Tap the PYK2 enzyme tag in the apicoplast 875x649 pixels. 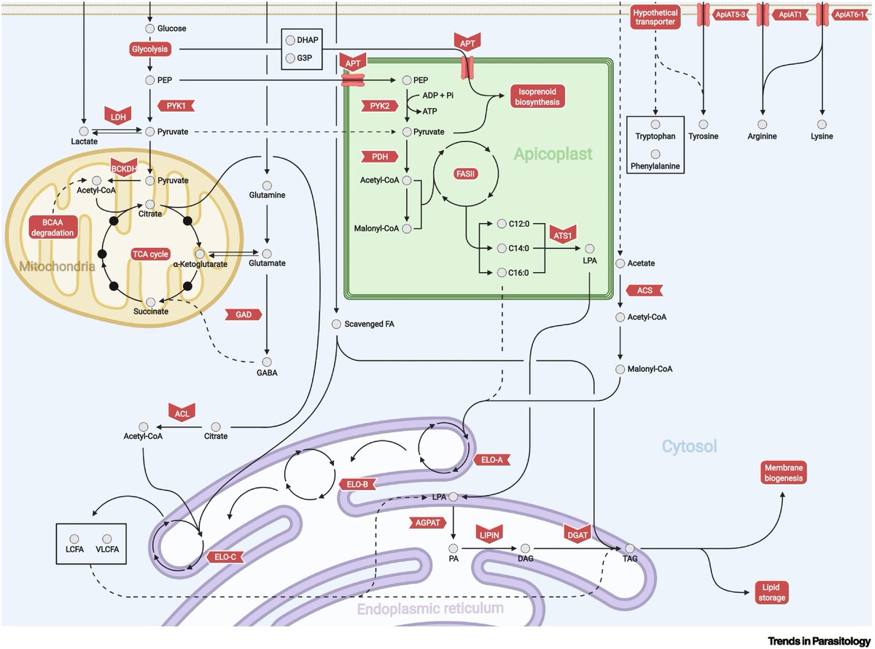click(x=379, y=106)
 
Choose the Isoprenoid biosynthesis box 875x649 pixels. click(x=539, y=97)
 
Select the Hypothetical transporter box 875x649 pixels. click(x=655, y=18)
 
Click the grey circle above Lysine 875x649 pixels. click(x=822, y=125)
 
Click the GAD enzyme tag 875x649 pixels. click(x=244, y=314)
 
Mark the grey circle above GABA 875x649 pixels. click(x=267, y=361)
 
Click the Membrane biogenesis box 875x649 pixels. click(x=783, y=473)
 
